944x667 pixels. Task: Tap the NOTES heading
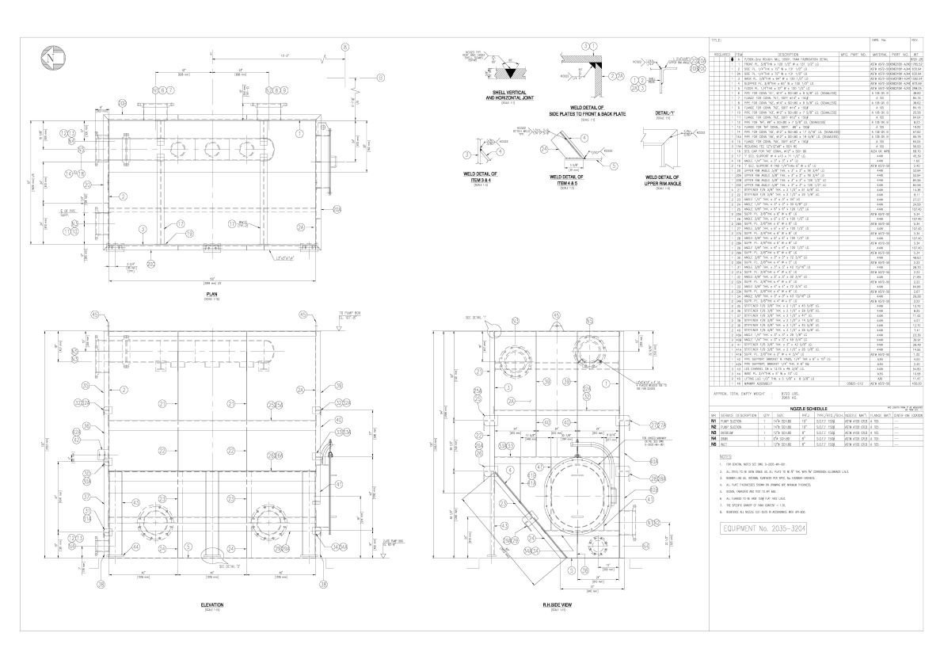(x=725, y=480)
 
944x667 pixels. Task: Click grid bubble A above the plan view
(x=345, y=47)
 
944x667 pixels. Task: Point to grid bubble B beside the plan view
(x=379, y=78)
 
